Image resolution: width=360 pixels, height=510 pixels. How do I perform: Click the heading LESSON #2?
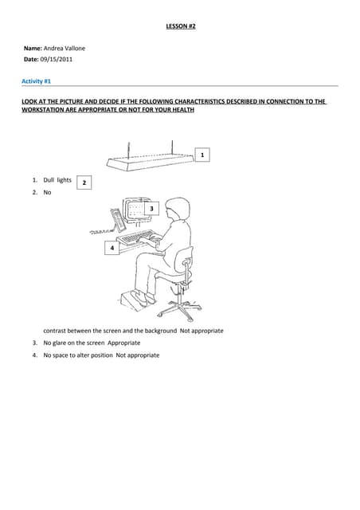click(181, 26)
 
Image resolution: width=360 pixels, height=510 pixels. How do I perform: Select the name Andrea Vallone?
click(64, 49)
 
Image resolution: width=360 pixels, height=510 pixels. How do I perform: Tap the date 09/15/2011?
click(57, 60)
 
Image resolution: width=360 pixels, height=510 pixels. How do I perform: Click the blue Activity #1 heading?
click(36, 81)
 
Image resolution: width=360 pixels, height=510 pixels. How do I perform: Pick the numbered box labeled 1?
click(202, 155)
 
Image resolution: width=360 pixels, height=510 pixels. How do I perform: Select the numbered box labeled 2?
click(84, 182)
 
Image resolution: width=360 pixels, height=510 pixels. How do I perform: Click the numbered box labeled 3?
click(151, 209)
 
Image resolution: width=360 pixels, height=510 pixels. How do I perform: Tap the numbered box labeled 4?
click(112, 248)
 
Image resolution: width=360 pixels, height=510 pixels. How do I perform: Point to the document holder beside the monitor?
click(119, 220)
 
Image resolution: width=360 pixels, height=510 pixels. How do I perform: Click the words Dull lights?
click(57, 180)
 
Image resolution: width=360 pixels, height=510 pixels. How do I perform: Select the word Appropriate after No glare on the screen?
click(124, 343)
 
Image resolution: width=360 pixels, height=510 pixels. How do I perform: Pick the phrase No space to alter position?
click(78, 355)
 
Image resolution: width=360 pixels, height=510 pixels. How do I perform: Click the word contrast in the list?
click(54, 331)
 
